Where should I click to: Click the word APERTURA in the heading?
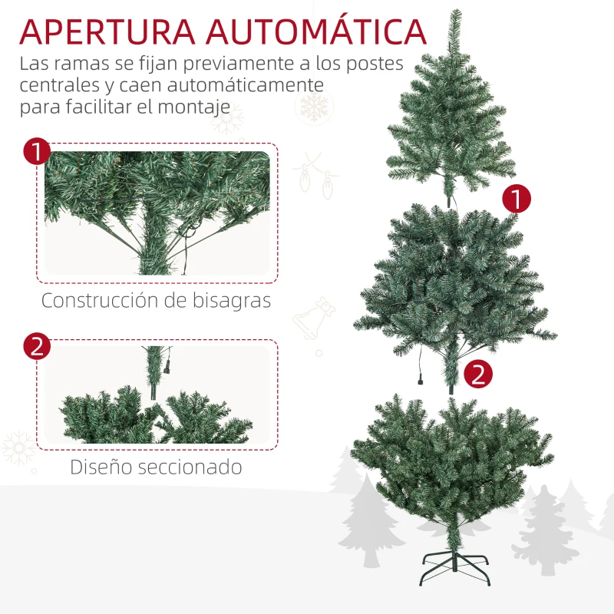[x=107, y=31]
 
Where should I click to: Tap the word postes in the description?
[x=375, y=64]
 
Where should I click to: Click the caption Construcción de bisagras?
[x=157, y=301]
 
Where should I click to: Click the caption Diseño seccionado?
[x=156, y=467]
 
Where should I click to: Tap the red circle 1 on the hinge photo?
[x=37, y=151]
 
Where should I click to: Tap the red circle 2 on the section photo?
[x=37, y=346]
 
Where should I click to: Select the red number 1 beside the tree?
[x=517, y=199]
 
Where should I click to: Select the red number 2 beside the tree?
[x=478, y=374]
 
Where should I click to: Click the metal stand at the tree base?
[x=454, y=567]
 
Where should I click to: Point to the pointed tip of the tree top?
[x=455, y=11]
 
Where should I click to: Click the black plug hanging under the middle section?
[x=421, y=378]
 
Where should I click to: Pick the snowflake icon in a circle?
[x=314, y=107]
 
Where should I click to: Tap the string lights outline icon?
[x=315, y=177]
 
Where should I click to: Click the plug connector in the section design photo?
[x=167, y=367]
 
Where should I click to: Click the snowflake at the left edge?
[x=18, y=447]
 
